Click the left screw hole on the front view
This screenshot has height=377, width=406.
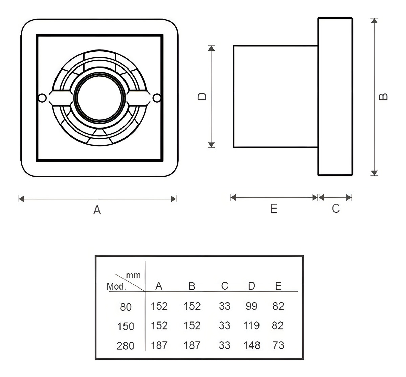(x=42, y=98)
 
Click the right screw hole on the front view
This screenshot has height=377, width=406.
(x=157, y=98)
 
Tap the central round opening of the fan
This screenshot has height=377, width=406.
(x=99, y=98)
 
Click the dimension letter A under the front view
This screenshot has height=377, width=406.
(x=97, y=210)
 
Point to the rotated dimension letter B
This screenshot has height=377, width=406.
(x=383, y=97)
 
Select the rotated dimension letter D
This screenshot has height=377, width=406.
(x=202, y=97)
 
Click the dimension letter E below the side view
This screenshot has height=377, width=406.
(x=274, y=209)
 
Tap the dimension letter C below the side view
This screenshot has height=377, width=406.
(x=336, y=209)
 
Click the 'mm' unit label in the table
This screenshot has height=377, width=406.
(x=133, y=275)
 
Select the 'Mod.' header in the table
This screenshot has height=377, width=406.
(x=116, y=286)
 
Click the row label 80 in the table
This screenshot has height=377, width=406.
(x=126, y=307)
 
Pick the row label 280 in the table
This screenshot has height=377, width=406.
(x=126, y=346)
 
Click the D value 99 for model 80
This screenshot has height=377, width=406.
(x=251, y=306)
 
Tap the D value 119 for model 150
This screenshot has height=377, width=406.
(x=251, y=325)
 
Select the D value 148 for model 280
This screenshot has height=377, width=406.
(x=252, y=345)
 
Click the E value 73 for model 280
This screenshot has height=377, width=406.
(x=278, y=345)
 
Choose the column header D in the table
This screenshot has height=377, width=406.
(x=251, y=286)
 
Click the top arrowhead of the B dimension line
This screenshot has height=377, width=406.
(x=374, y=21)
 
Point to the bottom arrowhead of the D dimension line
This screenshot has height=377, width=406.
(x=211, y=145)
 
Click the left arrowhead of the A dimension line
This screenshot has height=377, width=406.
(x=21, y=199)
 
